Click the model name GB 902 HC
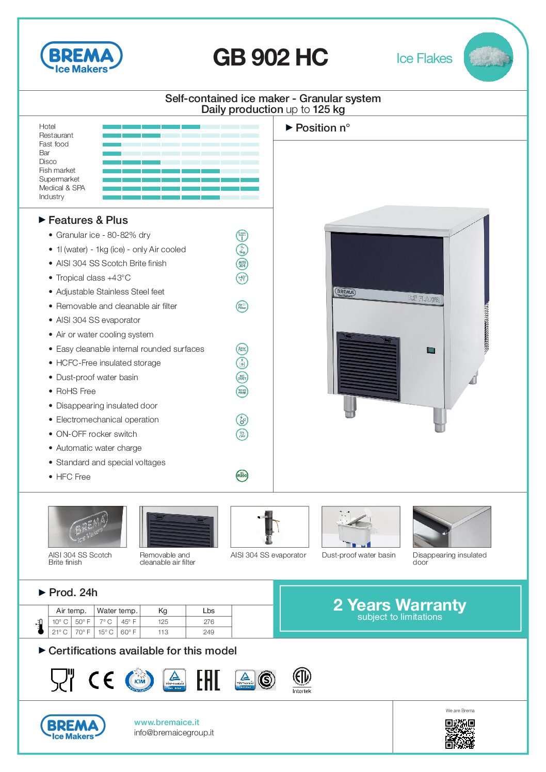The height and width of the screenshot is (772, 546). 270,57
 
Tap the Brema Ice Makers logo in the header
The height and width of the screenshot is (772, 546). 81,58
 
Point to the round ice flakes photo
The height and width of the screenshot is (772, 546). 488,57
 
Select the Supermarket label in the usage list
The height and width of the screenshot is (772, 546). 59,179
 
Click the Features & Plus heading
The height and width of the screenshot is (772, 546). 88,220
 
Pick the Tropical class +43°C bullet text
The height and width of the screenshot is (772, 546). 93,277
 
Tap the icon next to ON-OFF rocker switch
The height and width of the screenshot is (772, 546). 242,434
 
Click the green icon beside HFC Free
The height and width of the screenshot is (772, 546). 242,475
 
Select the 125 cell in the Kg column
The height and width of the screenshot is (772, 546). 163,621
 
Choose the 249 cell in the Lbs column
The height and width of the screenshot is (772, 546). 208,632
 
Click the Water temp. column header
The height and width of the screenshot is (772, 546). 117,611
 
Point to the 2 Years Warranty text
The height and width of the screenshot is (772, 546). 399,604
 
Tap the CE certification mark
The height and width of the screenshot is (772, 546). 101,680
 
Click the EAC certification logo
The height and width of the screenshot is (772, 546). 208,680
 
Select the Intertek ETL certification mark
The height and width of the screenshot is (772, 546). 302,679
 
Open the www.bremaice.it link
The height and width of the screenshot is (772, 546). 167,722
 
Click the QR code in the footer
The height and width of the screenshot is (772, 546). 460,734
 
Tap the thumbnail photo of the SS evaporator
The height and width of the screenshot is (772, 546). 269,527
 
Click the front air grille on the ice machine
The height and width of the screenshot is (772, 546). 368,367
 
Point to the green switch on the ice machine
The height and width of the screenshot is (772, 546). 431,351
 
